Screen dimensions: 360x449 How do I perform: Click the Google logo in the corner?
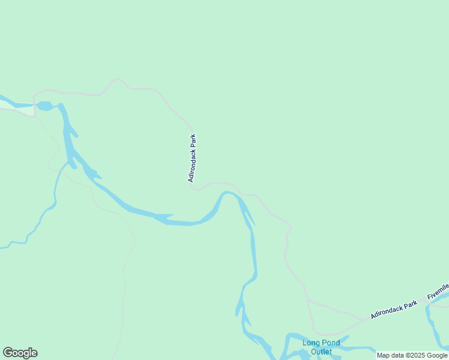pyautogui.click(x=20, y=353)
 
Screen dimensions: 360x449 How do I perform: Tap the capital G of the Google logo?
pyautogui.click(x=8, y=353)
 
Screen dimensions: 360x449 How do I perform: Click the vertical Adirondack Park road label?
pyautogui.click(x=192, y=158)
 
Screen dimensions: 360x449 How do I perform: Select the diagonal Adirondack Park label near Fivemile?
pyautogui.click(x=394, y=310)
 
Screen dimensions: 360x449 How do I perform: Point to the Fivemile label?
pyautogui.click(x=438, y=292)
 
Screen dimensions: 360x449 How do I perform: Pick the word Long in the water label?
pyautogui.click(x=310, y=343)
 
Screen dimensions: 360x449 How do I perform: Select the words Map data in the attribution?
pyautogui.click(x=390, y=356)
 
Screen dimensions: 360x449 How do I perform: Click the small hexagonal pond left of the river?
pyautogui.click(x=44, y=106)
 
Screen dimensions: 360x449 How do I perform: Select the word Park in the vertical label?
pyautogui.click(x=193, y=142)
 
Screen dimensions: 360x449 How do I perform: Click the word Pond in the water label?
pyautogui.click(x=330, y=343)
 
